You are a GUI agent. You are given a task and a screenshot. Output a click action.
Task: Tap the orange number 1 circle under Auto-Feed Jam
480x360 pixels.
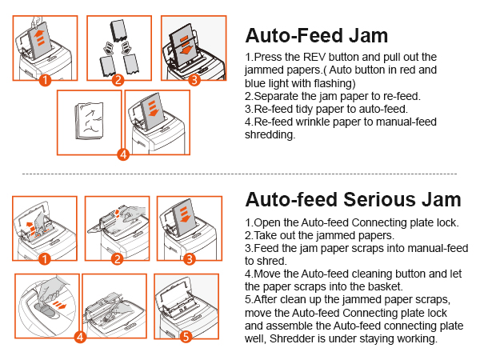coord(46,80)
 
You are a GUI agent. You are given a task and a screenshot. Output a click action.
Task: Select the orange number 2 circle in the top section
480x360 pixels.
coord(118,80)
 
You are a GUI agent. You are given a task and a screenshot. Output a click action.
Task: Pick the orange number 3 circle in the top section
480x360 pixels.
coord(193,80)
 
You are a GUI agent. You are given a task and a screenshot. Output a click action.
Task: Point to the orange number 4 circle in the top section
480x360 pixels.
coord(123,154)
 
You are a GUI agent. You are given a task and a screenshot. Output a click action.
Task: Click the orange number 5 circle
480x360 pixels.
coord(186,337)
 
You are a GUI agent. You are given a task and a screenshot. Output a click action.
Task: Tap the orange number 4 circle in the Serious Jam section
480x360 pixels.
coord(80,337)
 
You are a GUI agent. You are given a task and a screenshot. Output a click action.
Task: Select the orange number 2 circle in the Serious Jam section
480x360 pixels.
coord(117,258)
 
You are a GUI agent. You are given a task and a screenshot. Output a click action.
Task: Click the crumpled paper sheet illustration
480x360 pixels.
coord(88,124)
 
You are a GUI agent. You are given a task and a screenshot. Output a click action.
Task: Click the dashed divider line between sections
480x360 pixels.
coord(240,173)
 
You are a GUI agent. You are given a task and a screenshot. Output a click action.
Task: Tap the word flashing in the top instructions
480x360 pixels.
coord(339,82)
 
